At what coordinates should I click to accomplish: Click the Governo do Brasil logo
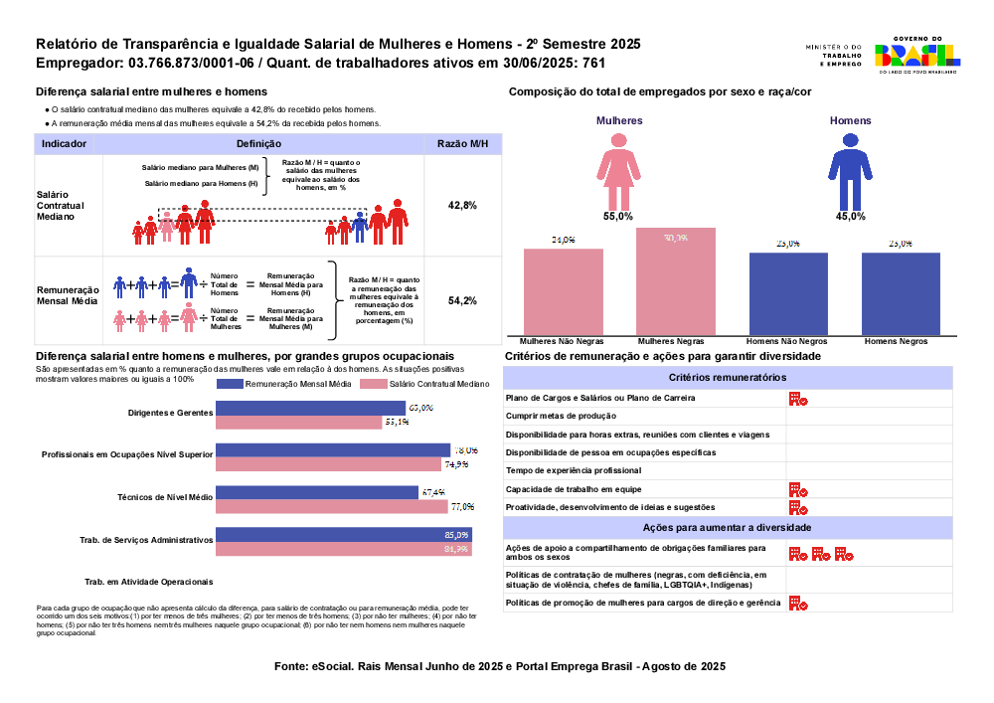[915, 57]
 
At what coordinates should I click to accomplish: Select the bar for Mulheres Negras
[676, 281]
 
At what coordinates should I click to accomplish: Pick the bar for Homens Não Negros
[788, 294]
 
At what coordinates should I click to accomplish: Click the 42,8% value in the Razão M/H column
[463, 205]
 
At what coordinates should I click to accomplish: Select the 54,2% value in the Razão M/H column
[463, 300]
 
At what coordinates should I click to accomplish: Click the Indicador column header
[64, 144]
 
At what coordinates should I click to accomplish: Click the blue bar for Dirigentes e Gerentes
[311, 408]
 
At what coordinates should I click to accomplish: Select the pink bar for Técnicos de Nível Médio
[333, 506]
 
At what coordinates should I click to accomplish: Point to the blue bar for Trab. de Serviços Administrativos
[344, 535]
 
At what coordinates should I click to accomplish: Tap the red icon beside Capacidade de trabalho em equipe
[797, 489]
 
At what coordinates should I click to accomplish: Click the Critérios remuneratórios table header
[728, 378]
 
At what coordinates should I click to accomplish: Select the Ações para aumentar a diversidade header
[728, 527]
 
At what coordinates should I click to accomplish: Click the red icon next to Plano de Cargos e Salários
[797, 398]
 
